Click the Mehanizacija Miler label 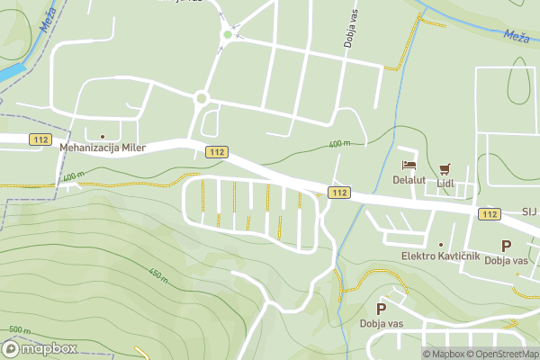click(103, 148)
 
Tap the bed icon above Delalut click(409, 166)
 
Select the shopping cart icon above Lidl click(445, 168)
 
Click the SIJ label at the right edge click(528, 212)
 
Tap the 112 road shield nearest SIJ click(490, 213)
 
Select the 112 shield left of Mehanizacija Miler click(39, 139)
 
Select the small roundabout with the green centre click(228, 34)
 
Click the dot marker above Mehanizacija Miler click(103, 136)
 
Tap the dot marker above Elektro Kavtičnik click(441, 245)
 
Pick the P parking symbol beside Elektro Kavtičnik click(506, 246)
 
